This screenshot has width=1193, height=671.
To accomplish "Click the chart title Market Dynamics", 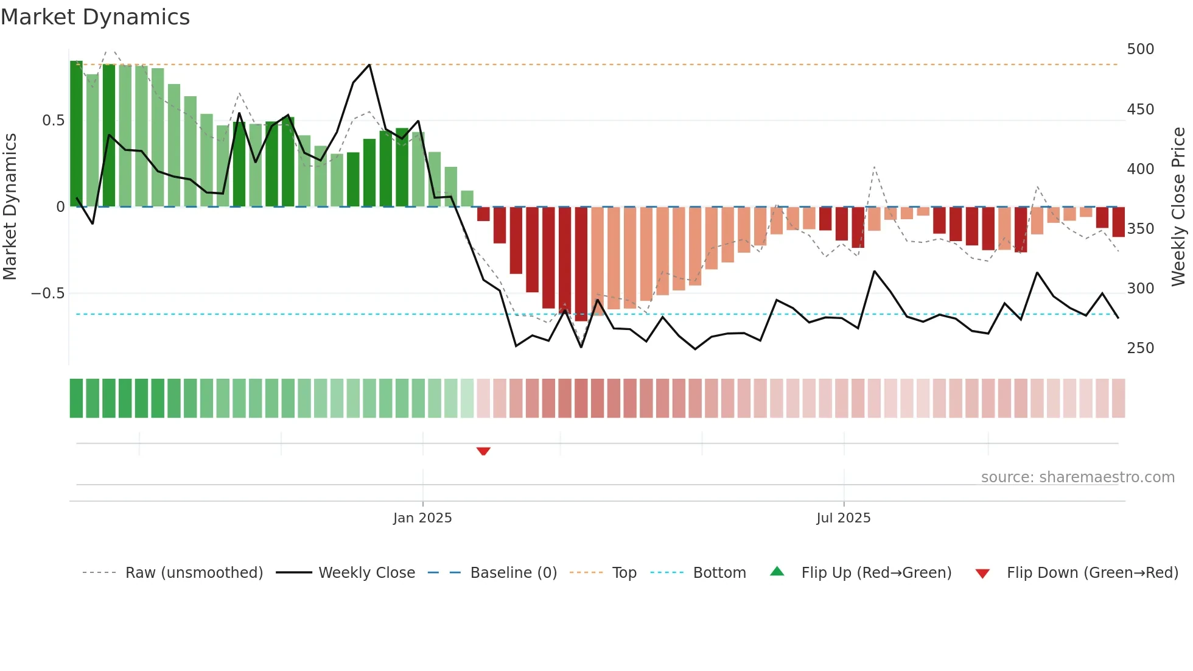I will (x=95, y=17).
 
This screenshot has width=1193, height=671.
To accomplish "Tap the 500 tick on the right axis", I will (x=1140, y=49).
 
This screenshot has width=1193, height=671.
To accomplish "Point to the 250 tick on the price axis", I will (x=1140, y=348).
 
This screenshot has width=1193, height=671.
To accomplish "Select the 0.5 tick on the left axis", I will (x=53, y=121).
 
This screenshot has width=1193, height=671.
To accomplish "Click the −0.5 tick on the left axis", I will (x=47, y=293).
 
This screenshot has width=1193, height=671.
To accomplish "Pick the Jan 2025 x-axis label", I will (x=422, y=518).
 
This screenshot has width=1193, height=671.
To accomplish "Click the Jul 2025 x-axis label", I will (x=843, y=518).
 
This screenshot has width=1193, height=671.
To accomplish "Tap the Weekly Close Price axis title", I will (x=1178, y=206).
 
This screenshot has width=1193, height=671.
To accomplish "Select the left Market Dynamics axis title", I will (x=10, y=206).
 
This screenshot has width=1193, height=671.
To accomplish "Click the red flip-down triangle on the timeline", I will (x=483, y=451).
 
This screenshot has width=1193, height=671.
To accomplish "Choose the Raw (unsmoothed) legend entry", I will (x=194, y=573).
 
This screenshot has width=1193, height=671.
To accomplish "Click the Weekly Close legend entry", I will (x=366, y=573).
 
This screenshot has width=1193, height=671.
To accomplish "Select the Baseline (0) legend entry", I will (x=513, y=573).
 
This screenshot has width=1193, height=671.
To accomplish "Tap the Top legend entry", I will (x=624, y=573).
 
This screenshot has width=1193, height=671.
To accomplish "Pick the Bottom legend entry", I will (x=719, y=573).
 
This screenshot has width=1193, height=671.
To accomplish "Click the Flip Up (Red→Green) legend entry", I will (x=876, y=573).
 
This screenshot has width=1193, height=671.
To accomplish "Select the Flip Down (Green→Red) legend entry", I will (x=1092, y=573).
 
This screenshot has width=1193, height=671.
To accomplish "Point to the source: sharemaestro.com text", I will (x=1077, y=477).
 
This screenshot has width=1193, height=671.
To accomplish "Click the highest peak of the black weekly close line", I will (x=369, y=65).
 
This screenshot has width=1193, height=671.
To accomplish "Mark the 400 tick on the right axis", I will (x=1140, y=169).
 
